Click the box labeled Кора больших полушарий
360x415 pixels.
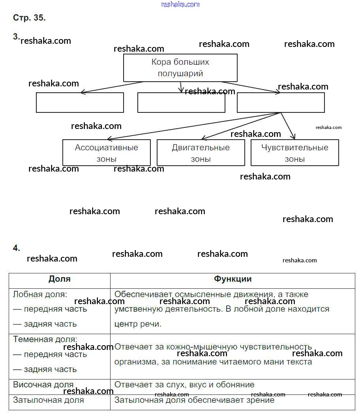pyautogui.click(x=180, y=67)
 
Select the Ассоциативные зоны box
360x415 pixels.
pyautogui.click(x=107, y=153)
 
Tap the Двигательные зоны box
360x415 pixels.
pyautogui.click(x=201, y=153)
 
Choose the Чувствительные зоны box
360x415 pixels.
pyautogui.click(x=294, y=153)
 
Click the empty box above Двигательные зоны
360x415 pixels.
pyautogui.click(x=181, y=103)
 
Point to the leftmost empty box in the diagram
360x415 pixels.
pyautogui.click(x=80, y=103)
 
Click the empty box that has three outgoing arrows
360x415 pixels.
pyautogui.click(x=281, y=103)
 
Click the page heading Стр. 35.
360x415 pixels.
pyautogui.click(x=30, y=18)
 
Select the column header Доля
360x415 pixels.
pyautogui.click(x=60, y=279)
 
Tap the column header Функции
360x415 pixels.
pyautogui.click(x=232, y=279)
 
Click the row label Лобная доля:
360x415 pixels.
pyautogui.click(x=40, y=294)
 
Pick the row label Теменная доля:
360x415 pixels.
pyautogui.click(x=45, y=339)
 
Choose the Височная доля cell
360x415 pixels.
pyautogui.click(x=43, y=385)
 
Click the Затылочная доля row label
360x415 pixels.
pyautogui.click(x=49, y=400)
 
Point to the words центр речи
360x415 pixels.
pyautogui.click(x=138, y=324)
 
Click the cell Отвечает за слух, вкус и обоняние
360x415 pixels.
pyautogui.click(x=184, y=385)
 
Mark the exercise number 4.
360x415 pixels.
pyautogui.click(x=16, y=248)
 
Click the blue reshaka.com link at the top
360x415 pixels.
pyautogui.click(x=180, y=4)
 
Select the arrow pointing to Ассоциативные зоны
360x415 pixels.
pyautogui.click(x=193, y=126)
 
